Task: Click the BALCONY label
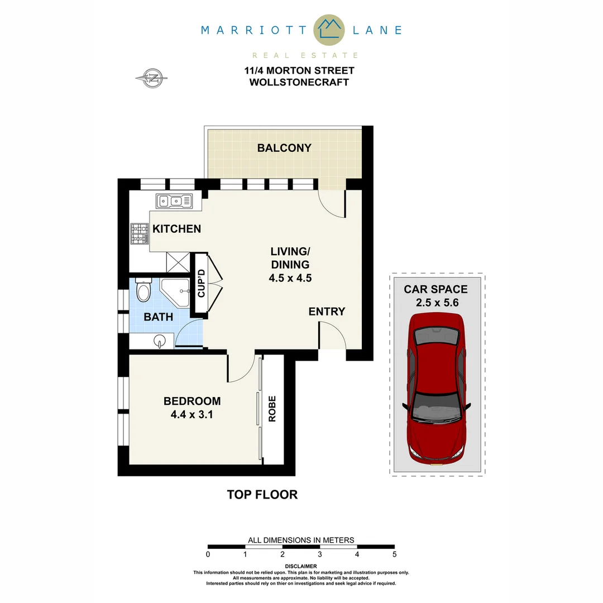[x=284, y=148]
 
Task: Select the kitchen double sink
[x=174, y=200]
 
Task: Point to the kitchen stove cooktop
[x=140, y=234]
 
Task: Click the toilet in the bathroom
[x=143, y=290]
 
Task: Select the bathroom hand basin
[x=160, y=341]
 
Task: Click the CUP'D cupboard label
[x=201, y=283]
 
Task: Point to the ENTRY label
[x=327, y=312]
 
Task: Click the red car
[x=436, y=389]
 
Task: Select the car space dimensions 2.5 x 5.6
[x=435, y=304]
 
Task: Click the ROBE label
[x=272, y=409]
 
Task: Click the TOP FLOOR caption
[x=262, y=495]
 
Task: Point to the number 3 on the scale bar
[x=320, y=554]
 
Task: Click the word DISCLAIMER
[x=301, y=566]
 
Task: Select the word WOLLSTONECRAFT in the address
[x=299, y=82]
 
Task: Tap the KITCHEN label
[x=176, y=229]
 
